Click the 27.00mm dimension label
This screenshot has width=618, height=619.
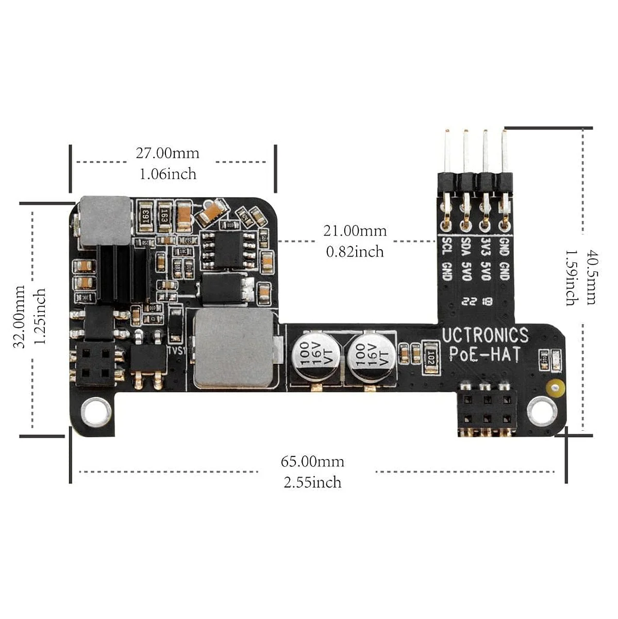tap(168, 153)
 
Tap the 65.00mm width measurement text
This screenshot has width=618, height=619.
tap(312, 461)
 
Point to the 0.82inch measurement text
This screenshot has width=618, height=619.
tap(355, 252)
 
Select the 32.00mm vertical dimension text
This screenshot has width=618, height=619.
tap(20, 317)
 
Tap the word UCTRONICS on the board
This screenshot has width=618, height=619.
tap(485, 335)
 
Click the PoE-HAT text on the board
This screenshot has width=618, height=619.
tap(485, 354)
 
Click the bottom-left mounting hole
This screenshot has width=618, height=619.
tap(95, 412)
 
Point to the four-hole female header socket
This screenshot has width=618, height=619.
tap(95, 364)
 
